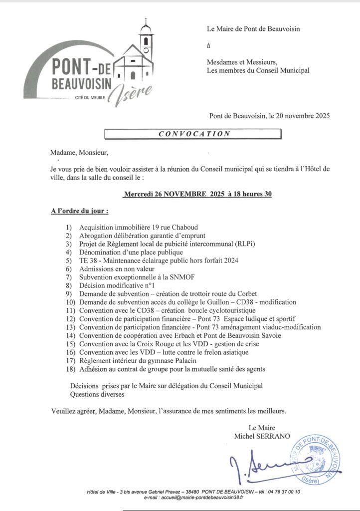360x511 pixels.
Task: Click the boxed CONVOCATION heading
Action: click(194, 134)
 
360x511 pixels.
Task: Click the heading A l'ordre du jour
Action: click(79, 212)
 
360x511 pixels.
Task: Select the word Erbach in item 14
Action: click(189, 335)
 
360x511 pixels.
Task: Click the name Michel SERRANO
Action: click(262, 436)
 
